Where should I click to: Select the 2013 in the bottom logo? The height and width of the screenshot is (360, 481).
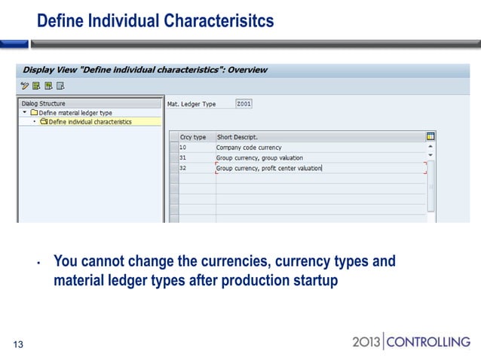(368, 343)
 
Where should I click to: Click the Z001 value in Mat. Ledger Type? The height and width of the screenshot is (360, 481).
(244, 103)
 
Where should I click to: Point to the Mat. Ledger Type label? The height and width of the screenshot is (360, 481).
(191, 103)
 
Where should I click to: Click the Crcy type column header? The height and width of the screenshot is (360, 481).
(193, 137)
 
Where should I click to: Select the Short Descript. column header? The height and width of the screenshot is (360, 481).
(237, 137)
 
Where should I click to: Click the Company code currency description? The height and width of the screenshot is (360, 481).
(249, 148)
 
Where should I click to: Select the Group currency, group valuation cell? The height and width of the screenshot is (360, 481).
(259, 158)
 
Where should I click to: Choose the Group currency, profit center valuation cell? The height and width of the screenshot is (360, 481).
(269, 168)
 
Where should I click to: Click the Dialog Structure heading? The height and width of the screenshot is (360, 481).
(44, 103)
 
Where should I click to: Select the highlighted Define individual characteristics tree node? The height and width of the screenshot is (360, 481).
(90, 121)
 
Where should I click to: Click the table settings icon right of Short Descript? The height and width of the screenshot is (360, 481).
(430, 136)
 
